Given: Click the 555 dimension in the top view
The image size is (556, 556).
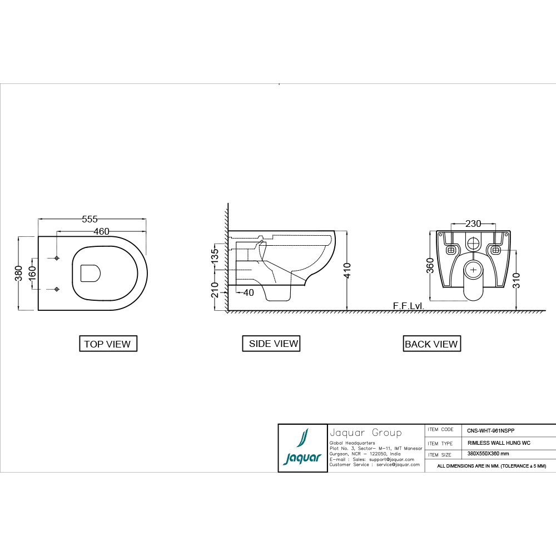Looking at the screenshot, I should pyautogui.click(x=90, y=219).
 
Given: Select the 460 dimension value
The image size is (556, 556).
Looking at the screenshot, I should pyautogui.click(x=101, y=231).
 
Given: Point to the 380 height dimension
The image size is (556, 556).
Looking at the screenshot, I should pyautogui.click(x=18, y=273).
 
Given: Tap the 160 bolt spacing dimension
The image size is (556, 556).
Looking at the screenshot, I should pyautogui.click(x=32, y=273).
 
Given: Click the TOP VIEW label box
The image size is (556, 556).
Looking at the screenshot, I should pyautogui.click(x=107, y=344).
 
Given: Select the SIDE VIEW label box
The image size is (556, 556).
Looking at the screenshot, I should pyautogui.click(x=274, y=344).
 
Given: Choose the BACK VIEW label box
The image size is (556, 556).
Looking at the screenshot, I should pyautogui.click(x=431, y=344).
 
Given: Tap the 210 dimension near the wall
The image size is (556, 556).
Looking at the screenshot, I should pyautogui.click(x=215, y=290).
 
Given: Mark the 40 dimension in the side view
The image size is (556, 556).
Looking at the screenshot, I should pyautogui.click(x=249, y=292).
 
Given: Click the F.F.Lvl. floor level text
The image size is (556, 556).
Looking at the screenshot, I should pyautogui.click(x=409, y=306).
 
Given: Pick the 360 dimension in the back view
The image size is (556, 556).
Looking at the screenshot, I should pyautogui.click(x=430, y=265).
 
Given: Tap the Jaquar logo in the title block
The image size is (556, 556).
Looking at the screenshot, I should pyautogui.click(x=302, y=448).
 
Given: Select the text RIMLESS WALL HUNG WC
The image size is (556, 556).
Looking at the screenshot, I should pyautogui.click(x=499, y=444).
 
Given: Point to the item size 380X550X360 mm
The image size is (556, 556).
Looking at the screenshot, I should pyautogui.click(x=488, y=454).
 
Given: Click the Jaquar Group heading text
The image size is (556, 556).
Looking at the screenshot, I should pyautogui.click(x=365, y=433).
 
